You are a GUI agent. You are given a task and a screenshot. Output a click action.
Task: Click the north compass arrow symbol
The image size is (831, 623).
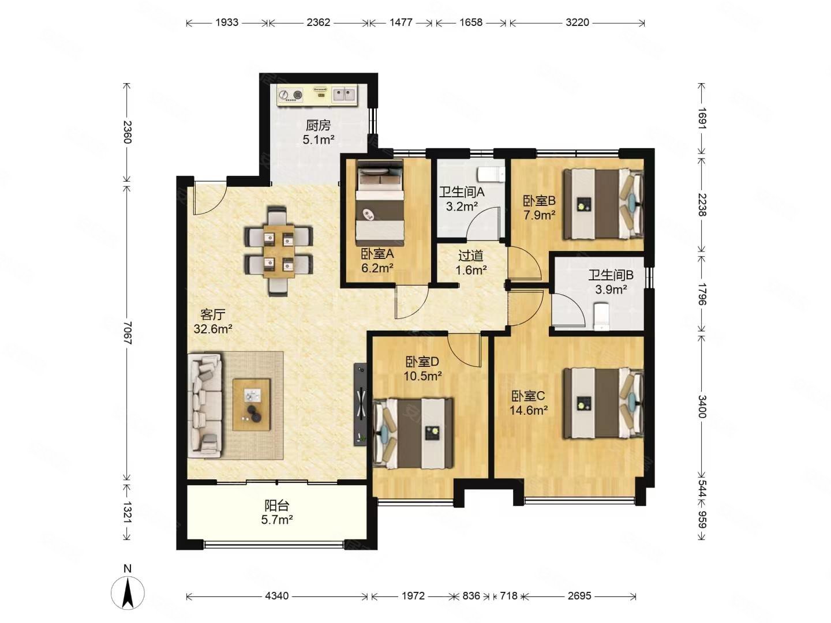(127, 592)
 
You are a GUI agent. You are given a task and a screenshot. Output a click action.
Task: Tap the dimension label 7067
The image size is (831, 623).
(127, 333)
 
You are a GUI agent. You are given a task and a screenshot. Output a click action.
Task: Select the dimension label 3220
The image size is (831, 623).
(577, 22)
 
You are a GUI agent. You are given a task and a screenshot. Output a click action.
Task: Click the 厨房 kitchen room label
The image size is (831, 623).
(319, 125)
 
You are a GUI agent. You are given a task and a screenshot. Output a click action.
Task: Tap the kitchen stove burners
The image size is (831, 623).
(290, 95)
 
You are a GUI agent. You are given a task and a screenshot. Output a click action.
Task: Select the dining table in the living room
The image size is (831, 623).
(279, 251)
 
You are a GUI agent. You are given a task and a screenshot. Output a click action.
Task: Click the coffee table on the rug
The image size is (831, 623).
(252, 404)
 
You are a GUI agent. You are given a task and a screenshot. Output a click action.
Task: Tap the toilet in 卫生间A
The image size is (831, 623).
(491, 175)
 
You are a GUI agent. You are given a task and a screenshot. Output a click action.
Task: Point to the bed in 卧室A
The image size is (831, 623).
(379, 202)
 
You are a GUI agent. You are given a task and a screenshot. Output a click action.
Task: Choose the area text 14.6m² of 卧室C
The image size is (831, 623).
(529, 410)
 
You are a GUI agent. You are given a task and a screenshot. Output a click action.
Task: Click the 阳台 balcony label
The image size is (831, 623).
(277, 505)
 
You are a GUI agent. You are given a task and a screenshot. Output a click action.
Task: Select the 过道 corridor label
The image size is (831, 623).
(471, 256)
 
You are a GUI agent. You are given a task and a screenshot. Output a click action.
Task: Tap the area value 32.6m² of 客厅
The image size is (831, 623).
(213, 329)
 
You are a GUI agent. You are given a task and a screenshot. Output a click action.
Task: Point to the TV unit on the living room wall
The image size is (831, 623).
(360, 404)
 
